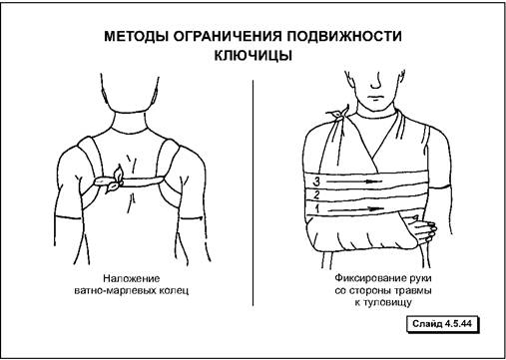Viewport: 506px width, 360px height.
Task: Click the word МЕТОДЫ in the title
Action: point(136,36)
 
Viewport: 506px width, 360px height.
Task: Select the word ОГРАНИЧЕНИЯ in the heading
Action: point(228,36)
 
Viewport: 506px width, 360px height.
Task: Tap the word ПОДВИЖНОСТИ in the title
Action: point(344,36)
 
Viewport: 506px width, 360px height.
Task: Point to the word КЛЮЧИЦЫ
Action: point(253,55)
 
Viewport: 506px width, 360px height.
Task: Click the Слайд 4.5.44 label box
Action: point(442,323)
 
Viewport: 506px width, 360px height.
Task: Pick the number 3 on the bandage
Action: point(317,181)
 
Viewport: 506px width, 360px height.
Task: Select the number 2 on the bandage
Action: point(316,194)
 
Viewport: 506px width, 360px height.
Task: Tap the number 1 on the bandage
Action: point(317,208)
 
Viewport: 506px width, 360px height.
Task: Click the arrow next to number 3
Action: point(354,181)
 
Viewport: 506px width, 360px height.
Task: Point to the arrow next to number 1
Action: point(355,208)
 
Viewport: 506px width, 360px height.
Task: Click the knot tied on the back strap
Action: point(112,180)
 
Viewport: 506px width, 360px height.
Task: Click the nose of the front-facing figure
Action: point(376,82)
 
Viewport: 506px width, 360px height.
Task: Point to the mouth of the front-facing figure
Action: point(375,98)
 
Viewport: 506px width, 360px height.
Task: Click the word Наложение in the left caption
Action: point(131,278)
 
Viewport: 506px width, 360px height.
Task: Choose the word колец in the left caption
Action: point(174,290)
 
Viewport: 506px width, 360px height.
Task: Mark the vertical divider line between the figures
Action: point(253,192)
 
